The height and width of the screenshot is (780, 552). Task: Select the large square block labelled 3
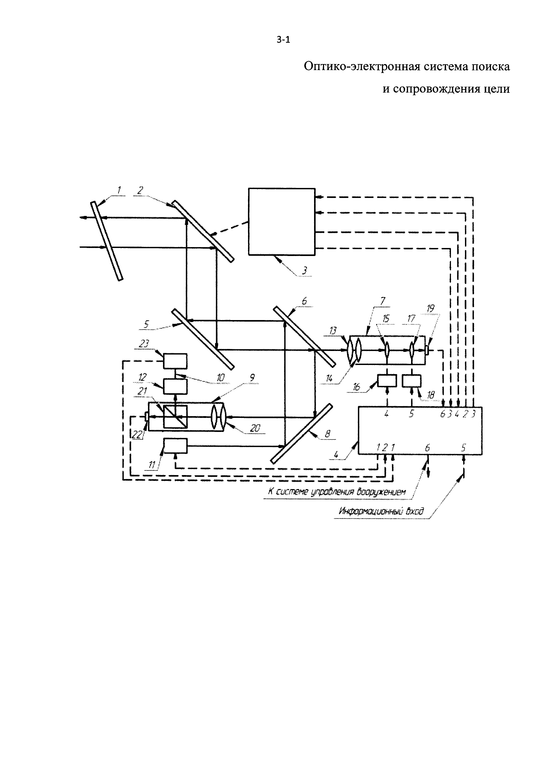click(281, 222)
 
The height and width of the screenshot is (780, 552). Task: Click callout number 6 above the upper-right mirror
click(304, 301)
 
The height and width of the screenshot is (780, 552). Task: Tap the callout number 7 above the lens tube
click(383, 301)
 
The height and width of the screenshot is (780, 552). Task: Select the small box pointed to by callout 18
click(411, 381)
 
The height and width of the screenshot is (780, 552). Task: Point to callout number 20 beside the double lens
click(255, 428)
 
